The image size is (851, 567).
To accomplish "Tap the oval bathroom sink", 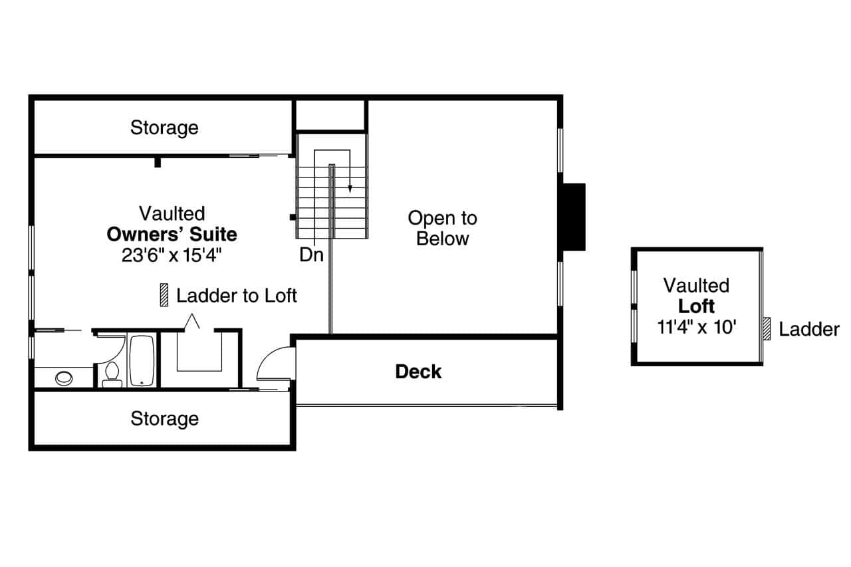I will tap(64, 378).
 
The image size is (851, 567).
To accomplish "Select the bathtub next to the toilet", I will tap(142, 360).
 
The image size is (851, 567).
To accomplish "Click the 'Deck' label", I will tap(418, 372).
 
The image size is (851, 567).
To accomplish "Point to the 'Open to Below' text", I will tap(442, 228).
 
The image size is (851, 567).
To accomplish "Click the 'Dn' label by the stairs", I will tap(311, 255).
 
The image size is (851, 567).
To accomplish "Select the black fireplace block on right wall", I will tap(573, 217).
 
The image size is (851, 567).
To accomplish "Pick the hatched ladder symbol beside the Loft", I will tap(767, 328).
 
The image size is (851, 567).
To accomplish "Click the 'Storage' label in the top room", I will tap(164, 127).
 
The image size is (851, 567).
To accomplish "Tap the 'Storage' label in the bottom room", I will tap(164, 418).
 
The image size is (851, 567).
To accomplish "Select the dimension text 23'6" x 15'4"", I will tap(172, 255).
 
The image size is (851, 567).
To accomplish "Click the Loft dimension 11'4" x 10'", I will tap(696, 327).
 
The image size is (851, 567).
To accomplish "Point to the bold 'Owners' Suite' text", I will tap(172, 235).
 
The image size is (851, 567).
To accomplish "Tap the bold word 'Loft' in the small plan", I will tap(696, 306).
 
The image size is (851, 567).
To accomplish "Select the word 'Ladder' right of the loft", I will tap(808, 329).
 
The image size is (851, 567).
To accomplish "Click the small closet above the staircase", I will tap(330, 116).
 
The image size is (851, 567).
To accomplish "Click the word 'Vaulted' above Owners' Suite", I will tap(172, 213).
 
